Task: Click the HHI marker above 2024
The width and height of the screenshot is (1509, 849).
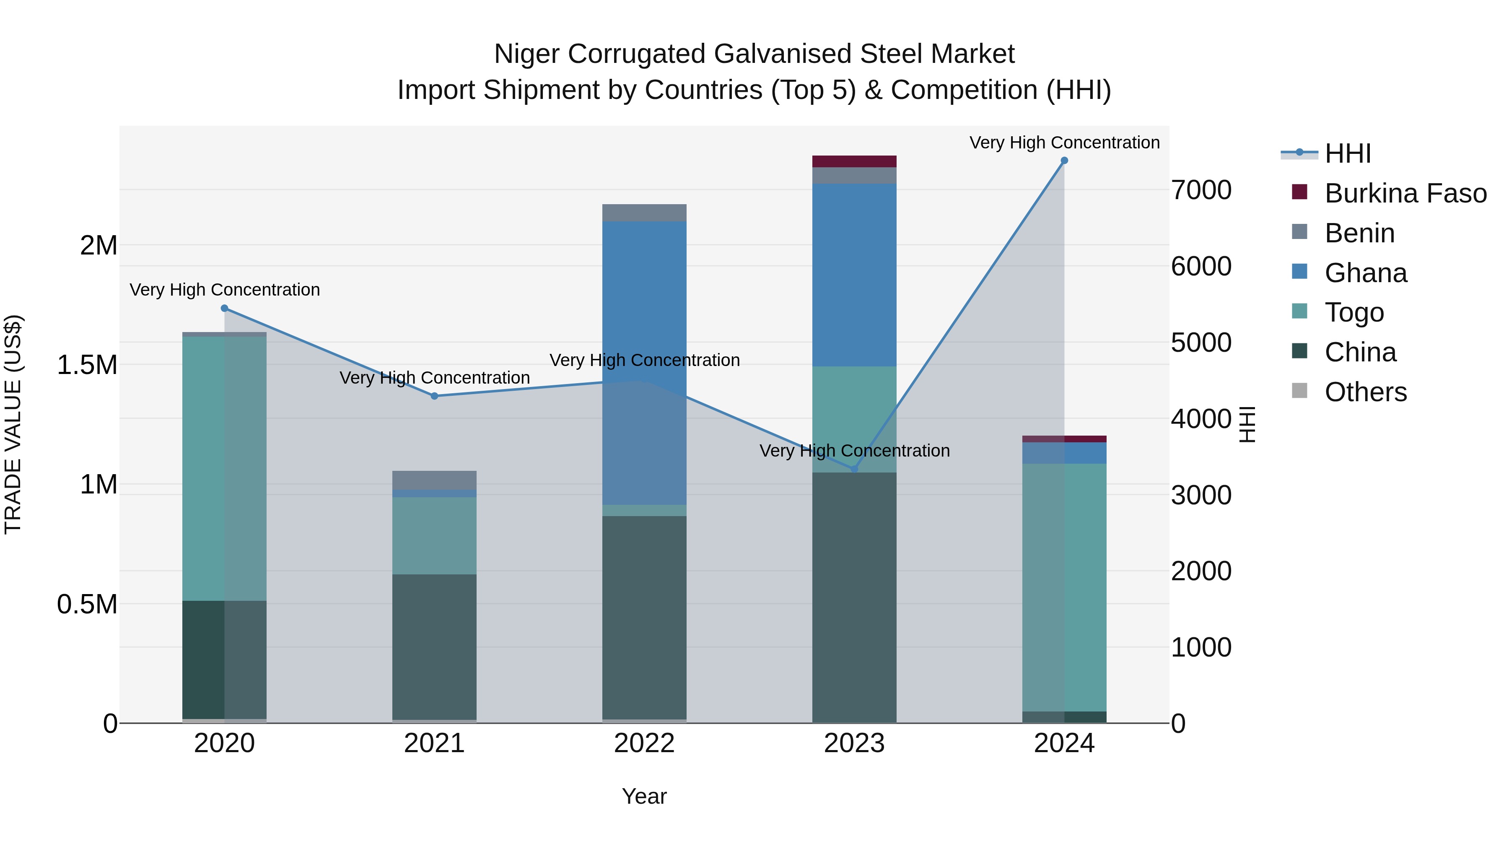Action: [x=1064, y=161]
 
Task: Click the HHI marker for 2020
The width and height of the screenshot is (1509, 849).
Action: [x=224, y=308]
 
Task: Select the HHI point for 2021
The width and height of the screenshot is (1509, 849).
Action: [x=434, y=396]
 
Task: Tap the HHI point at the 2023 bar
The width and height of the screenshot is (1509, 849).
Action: [x=854, y=469]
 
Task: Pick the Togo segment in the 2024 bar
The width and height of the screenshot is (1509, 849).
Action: [x=1064, y=586]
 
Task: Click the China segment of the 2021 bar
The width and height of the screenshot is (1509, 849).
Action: [x=434, y=644]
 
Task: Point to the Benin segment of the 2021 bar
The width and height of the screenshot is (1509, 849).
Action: [x=434, y=480]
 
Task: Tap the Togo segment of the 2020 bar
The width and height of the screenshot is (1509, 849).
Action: [x=224, y=469]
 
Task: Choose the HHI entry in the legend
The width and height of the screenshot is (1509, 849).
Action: [x=1347, y=153]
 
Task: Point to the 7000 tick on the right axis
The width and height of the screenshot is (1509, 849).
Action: [x=1201, y=190]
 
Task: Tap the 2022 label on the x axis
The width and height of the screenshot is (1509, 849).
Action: [x=644, y=743]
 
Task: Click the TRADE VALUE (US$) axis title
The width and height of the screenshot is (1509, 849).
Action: [x=13, y=424]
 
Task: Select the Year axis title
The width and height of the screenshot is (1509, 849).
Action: [x=644, y=796]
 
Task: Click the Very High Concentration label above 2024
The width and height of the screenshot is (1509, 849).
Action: [x=1064, y=143]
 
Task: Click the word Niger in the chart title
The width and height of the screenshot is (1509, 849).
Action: [x=527, y=54]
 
